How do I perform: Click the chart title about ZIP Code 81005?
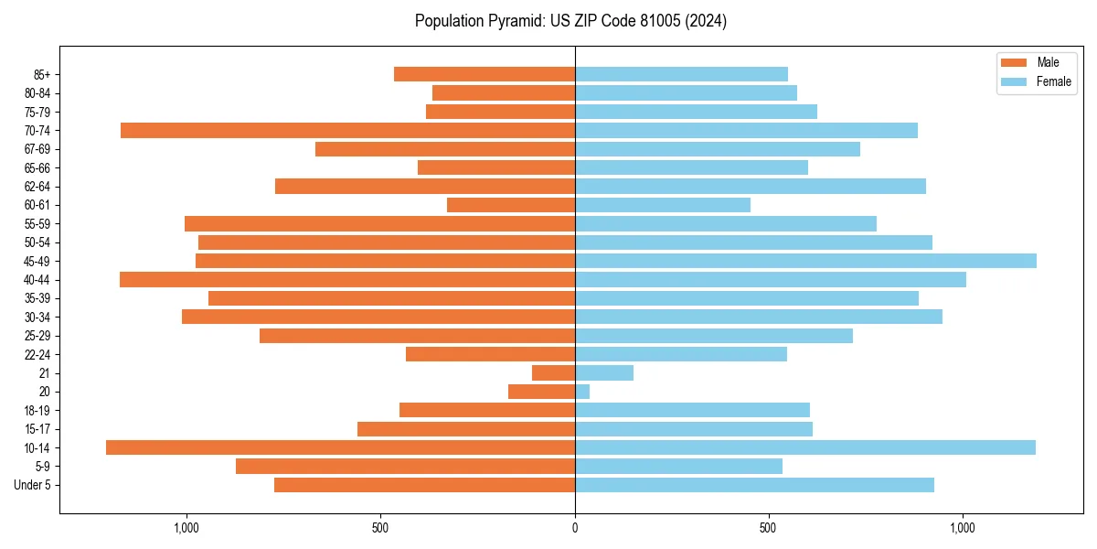(570, 21)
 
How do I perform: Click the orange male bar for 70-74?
(347, 130)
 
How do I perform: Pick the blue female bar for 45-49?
(805, 261)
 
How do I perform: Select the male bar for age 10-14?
(340, 447)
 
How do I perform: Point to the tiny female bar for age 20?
(582, 392)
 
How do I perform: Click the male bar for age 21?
(553, 372)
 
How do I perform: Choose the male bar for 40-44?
(347, 279)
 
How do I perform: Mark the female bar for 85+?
(681, 74)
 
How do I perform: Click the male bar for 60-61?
(511, 205)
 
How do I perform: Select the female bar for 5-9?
(678, 466)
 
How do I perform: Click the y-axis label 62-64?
(37, 187)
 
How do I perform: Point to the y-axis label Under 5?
(33, 485)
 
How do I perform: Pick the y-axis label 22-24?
(37, 354)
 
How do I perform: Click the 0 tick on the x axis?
(575, 528)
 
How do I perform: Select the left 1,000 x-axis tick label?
(186, 528)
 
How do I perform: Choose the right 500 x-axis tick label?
(769, 528)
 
